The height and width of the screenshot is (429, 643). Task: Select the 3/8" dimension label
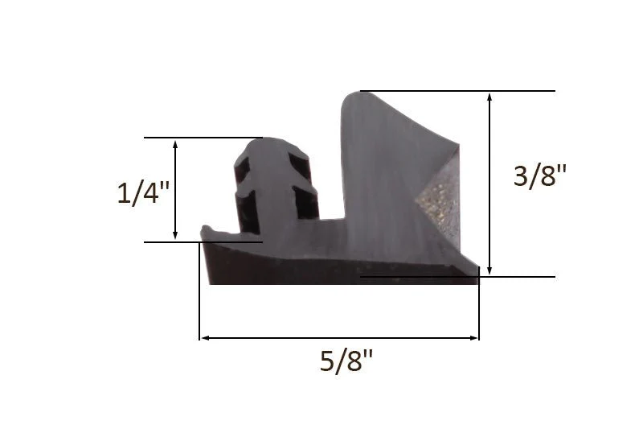pyautogui.click(x=539, y=175)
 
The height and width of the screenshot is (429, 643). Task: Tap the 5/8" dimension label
pyautogui.click(x=346, y=361)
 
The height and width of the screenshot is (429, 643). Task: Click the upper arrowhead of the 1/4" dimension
pyautogui.click(x=175, y=144)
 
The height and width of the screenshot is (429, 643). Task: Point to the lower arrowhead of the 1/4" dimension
pyautogui.click(x=175, y=235)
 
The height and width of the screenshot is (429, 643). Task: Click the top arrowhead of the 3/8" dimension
pyautogui.click(x=489, y=97)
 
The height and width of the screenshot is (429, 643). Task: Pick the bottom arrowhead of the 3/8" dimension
pyautogui.click(x=489, y=270)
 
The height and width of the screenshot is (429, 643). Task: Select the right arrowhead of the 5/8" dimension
pyautogui.click(x=473, y=338)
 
